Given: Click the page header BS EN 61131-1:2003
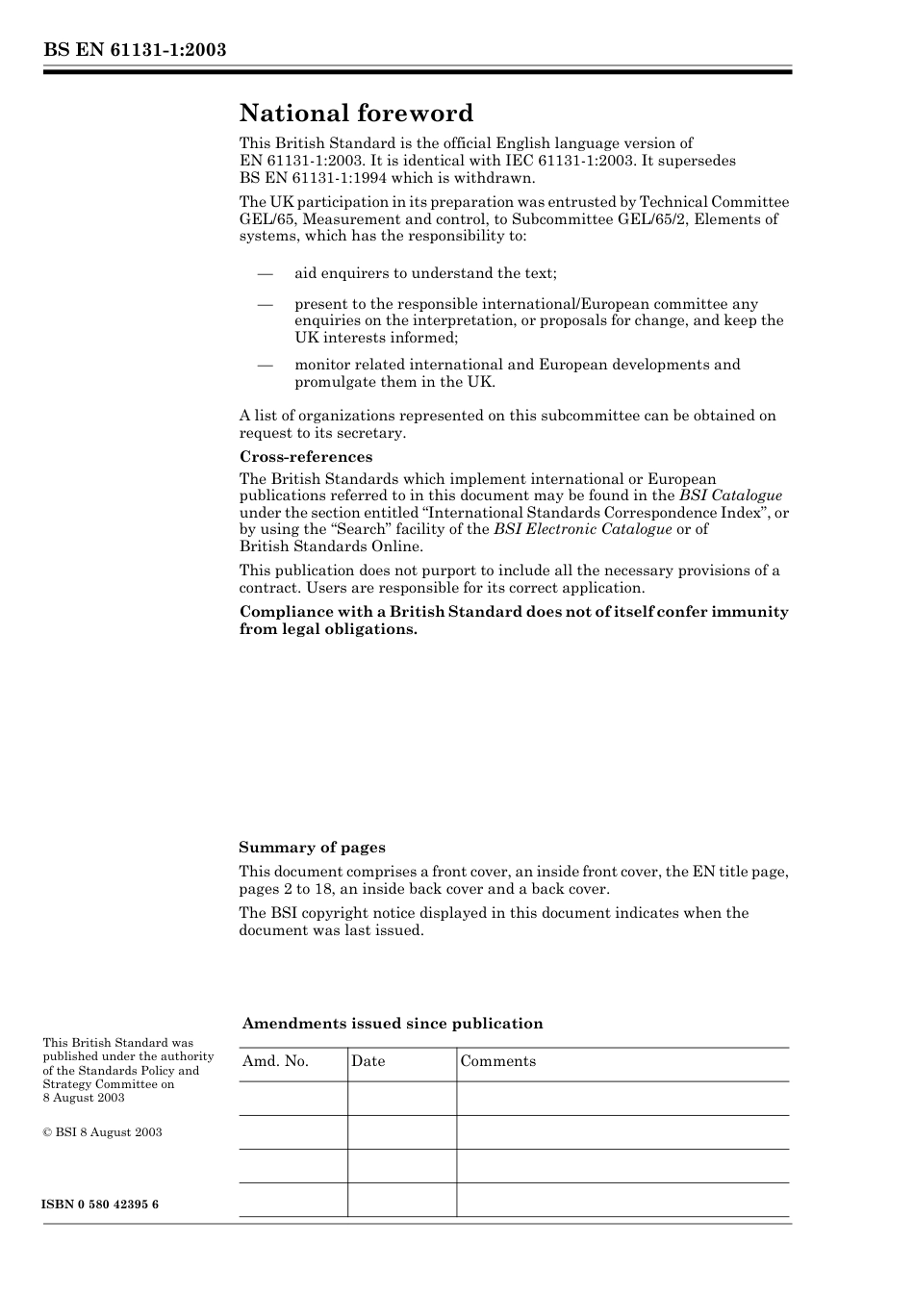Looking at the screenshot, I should coord(135,49).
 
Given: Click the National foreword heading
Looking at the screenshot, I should coord(356,114).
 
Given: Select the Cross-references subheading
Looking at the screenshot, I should coord(306,457).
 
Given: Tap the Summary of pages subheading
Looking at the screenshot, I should coord(312,848).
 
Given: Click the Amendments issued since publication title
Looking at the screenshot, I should coord(393,1024).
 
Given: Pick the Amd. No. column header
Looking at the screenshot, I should coord(275,1061).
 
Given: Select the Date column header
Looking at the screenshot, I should coord(368,1061).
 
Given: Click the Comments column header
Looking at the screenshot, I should coord(497,1061).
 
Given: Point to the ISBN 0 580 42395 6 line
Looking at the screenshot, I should coord(101,1205).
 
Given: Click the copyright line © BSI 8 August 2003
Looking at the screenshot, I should coord(102,1132).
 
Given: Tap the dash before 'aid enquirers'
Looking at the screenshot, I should coord(266,273).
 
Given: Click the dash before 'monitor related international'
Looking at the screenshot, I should coord(266,365).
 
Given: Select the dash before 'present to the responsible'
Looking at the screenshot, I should coord(266,304).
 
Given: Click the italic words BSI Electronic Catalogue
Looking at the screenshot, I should coord(582,529).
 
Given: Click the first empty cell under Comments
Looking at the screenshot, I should coord(622,1099).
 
